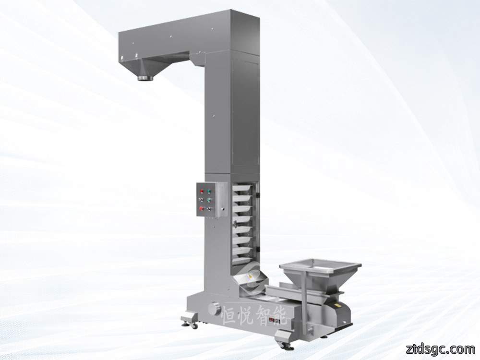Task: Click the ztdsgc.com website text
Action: pos(440,348)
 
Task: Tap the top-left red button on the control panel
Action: pos(202,192)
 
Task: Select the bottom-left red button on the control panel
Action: pos(201,208)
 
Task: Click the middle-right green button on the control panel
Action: pos(209,200)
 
